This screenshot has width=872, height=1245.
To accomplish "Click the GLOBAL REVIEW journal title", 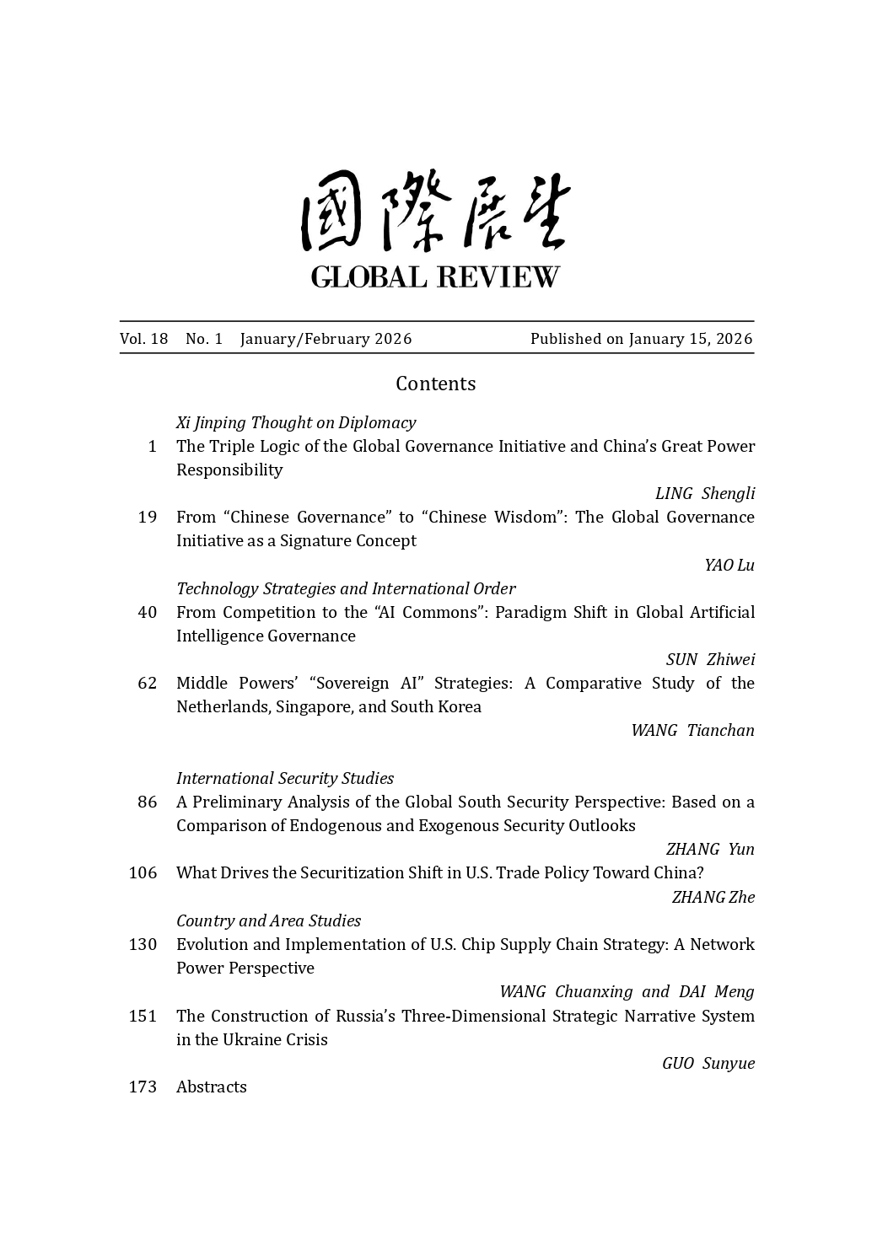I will tap(435, 276).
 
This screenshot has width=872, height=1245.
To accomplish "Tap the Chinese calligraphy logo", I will tap(435, 211).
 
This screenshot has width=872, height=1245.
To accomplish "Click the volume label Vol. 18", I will tap(144, 339).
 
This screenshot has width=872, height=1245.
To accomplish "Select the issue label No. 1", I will tap(204, 339).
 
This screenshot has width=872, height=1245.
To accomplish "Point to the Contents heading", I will tap(435, 384).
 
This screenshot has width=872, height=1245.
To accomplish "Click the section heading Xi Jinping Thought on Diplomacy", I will tap(296, 422).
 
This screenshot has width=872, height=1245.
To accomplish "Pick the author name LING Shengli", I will tap(705, 493).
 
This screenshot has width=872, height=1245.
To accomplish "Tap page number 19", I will tap(148, 517).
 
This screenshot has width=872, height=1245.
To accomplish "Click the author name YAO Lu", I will tap(729, 565).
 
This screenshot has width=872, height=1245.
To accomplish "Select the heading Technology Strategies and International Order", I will tap(346, 588).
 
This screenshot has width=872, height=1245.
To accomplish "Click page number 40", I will tap(148, 612).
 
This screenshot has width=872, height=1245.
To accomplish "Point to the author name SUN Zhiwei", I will tap(710, 659).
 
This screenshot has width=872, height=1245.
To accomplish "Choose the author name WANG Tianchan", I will tap(692, 730).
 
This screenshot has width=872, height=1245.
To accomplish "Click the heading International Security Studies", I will tap(285, 778).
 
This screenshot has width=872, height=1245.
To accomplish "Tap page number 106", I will tap(143, 872).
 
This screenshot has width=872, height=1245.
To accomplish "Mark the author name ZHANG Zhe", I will tap(713, 897).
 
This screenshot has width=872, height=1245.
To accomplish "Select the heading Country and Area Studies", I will tap(268, 920).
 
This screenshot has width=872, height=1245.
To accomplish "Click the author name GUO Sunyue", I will tap(708, 1063).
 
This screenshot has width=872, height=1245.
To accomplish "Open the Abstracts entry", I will tap(212, 1087).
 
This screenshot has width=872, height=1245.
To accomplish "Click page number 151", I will tap(143, 1016).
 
